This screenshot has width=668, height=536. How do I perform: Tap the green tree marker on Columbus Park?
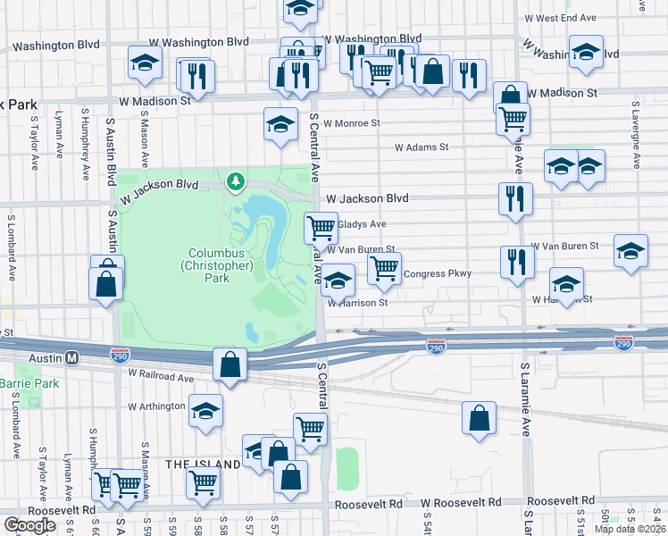point(236,182)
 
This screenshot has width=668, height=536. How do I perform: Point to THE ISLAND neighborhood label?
point(202,464)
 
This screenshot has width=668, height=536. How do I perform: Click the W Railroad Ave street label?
point(161,378)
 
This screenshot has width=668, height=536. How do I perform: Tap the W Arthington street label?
point(156,406)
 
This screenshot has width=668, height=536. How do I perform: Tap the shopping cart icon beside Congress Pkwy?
point(384,266)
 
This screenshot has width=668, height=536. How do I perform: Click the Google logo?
point(29,525)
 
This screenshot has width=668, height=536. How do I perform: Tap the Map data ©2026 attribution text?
point(629,529)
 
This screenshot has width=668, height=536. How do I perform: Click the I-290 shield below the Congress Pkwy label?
point(436,346)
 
